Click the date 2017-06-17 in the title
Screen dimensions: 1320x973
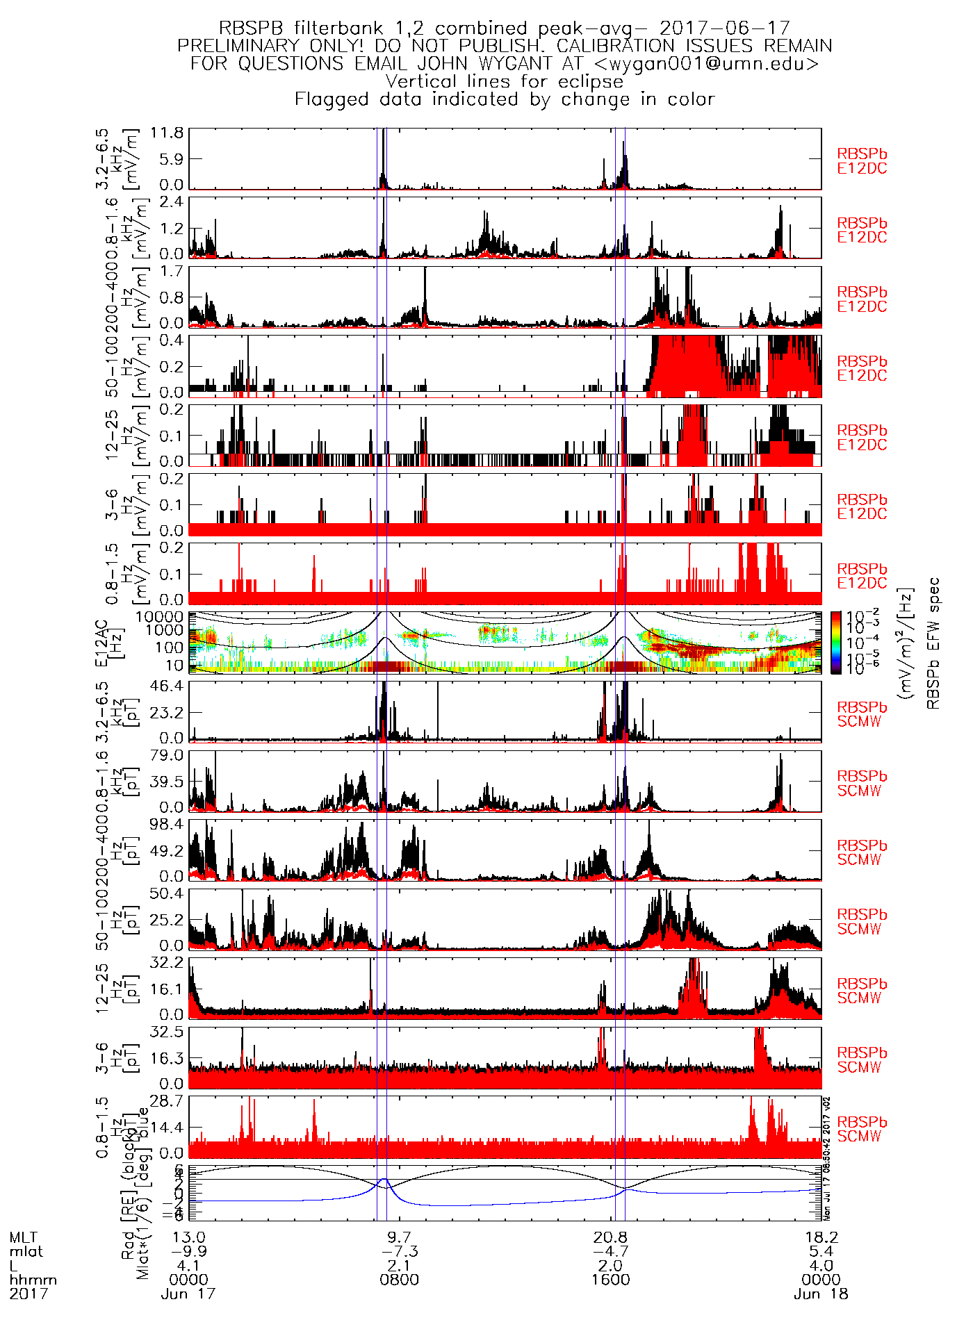724,28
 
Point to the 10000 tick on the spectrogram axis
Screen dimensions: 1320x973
160,617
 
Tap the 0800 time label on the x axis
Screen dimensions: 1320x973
399,1280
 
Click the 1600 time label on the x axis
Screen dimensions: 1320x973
610,1280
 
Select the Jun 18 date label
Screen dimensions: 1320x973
821,1294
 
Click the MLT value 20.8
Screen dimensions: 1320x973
610,1237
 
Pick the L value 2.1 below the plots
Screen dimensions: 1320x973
399,1266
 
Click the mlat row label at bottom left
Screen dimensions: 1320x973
26,1252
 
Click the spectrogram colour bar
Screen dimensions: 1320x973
836,643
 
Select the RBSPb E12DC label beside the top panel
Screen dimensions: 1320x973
862,161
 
